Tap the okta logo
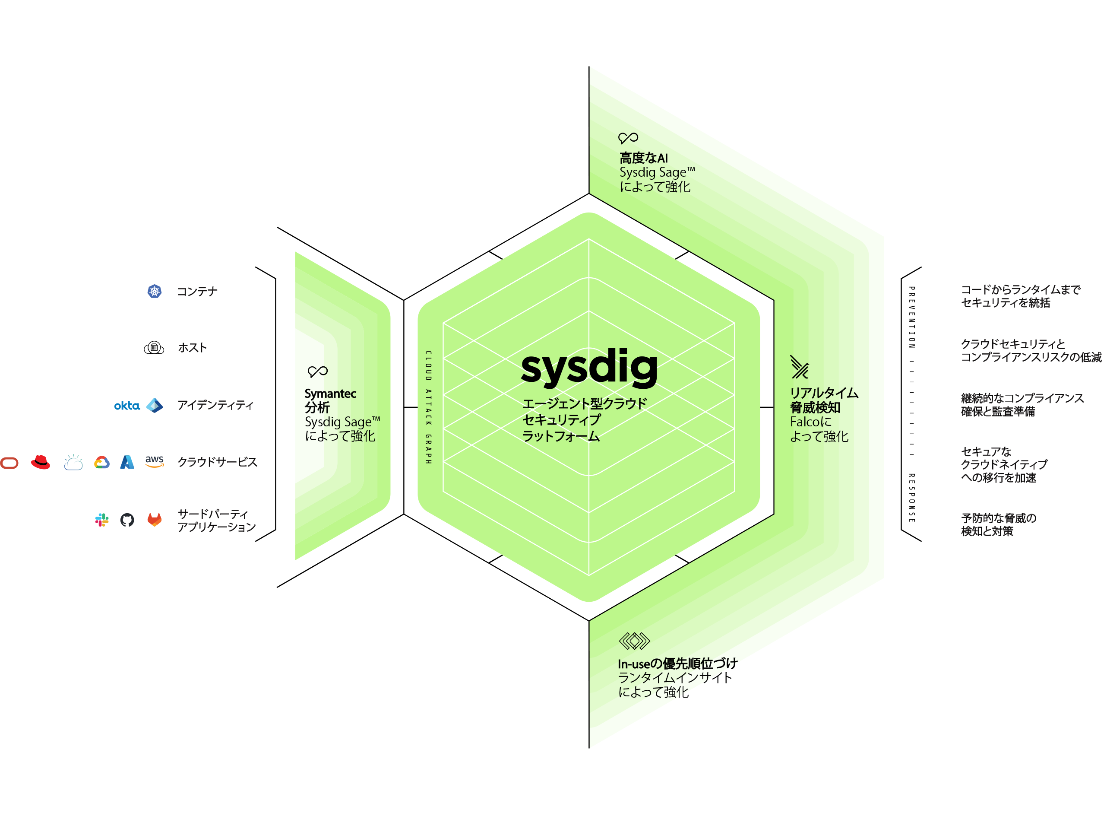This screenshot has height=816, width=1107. [127, 406]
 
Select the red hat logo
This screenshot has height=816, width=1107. [41, 462]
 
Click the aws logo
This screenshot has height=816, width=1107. [154, 461]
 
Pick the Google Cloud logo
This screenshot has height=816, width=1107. [102, 462]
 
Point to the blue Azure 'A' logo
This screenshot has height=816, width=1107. [127, 462]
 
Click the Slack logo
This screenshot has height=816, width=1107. [102, 520]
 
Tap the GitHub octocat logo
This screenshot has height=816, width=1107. [127, 520]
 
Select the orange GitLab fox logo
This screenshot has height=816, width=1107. [155, 519]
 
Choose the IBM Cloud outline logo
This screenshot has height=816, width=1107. [73, 462]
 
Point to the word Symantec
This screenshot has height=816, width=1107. [330, 394]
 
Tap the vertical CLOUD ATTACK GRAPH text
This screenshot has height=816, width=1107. [428, 407]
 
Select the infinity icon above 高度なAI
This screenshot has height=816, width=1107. [628, 138]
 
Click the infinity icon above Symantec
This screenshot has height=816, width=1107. [317, 371]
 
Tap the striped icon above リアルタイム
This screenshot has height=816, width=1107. [799, 367]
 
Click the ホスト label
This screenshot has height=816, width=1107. [192, 348]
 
